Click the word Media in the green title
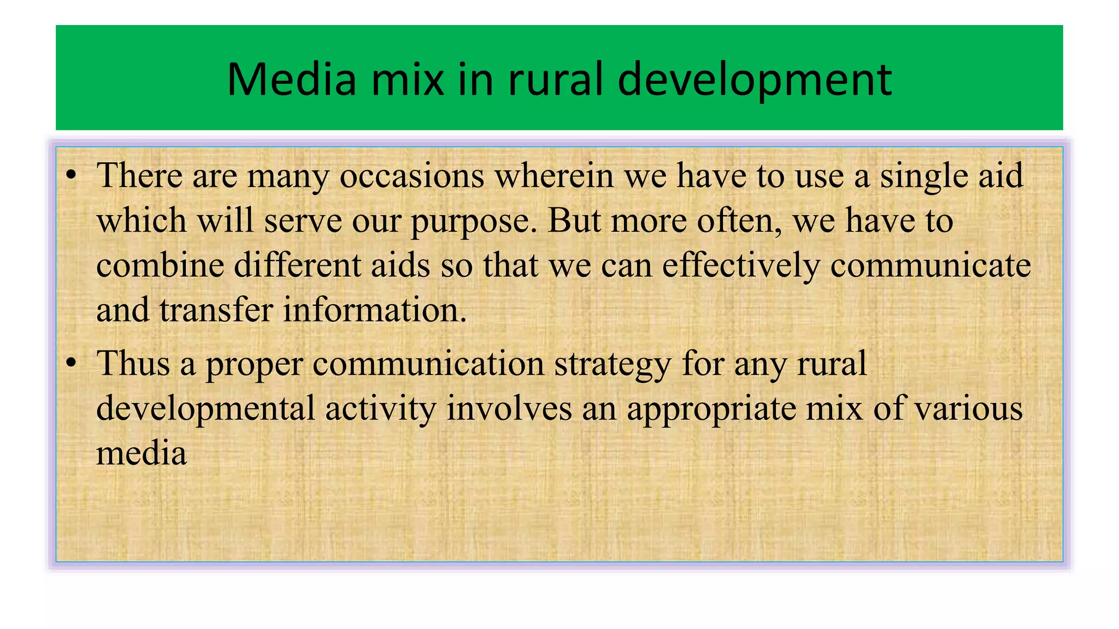coord(291,80)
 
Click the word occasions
coord(412,176)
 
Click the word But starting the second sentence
coord(574,221)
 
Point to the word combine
coord(160,265)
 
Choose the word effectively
coord(741,265)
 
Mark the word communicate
coord(930,265)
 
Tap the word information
coord(375,310)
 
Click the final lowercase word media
coord(142,453)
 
